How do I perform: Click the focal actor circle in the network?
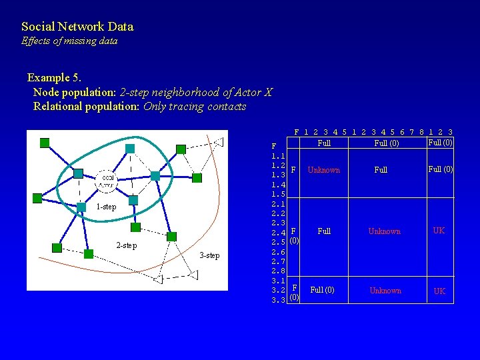107,180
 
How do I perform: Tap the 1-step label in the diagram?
106,207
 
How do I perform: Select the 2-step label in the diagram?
127,245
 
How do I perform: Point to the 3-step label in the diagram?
210,255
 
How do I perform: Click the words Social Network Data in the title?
77,27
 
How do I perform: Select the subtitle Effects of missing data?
69,41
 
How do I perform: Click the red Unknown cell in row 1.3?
324,170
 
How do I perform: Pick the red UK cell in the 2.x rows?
439,231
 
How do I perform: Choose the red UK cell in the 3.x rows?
440,291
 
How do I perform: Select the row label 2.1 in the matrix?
278,203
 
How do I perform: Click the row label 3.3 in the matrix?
278,300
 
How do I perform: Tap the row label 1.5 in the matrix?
278,194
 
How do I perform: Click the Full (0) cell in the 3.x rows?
323,291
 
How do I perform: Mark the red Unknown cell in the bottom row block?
385,291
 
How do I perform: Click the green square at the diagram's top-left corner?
45,142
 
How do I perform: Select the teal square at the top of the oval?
130,148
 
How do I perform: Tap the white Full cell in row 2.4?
324,231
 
